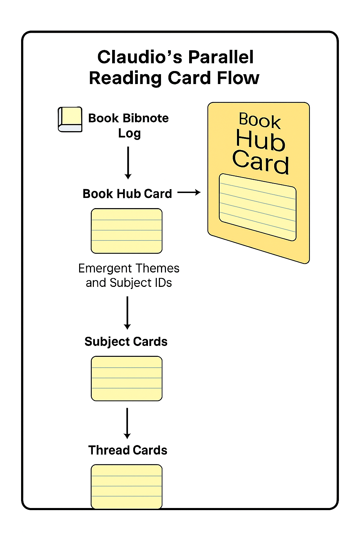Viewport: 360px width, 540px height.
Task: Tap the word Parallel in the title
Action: coord(221,57)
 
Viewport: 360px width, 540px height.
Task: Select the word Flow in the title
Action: coord(238,78)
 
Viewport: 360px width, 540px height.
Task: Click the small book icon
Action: coord(70,120)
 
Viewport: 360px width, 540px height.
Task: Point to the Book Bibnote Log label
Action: coord(129,125)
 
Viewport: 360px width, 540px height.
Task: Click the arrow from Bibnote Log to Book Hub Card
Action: coord(128,162)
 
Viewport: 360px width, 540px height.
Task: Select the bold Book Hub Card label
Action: coord(127,194)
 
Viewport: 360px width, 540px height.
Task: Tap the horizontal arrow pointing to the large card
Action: coord(189,192)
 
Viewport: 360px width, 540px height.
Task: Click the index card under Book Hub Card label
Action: coord(127,231)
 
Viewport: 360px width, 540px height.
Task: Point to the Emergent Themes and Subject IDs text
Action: coord(129,275)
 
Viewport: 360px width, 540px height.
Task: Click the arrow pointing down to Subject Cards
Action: coord(128,313)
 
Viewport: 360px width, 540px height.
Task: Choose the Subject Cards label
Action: coord(126,342)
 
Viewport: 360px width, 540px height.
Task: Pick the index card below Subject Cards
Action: coord(127,379)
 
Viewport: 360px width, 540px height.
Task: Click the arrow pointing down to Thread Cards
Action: coord(127,423)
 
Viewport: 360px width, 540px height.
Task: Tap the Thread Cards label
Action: coord(128,450)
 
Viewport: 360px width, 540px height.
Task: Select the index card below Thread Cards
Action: coord(127,487)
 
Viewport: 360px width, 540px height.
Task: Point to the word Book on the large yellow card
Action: coord(260,120)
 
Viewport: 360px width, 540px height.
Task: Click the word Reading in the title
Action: coord(125,78)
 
